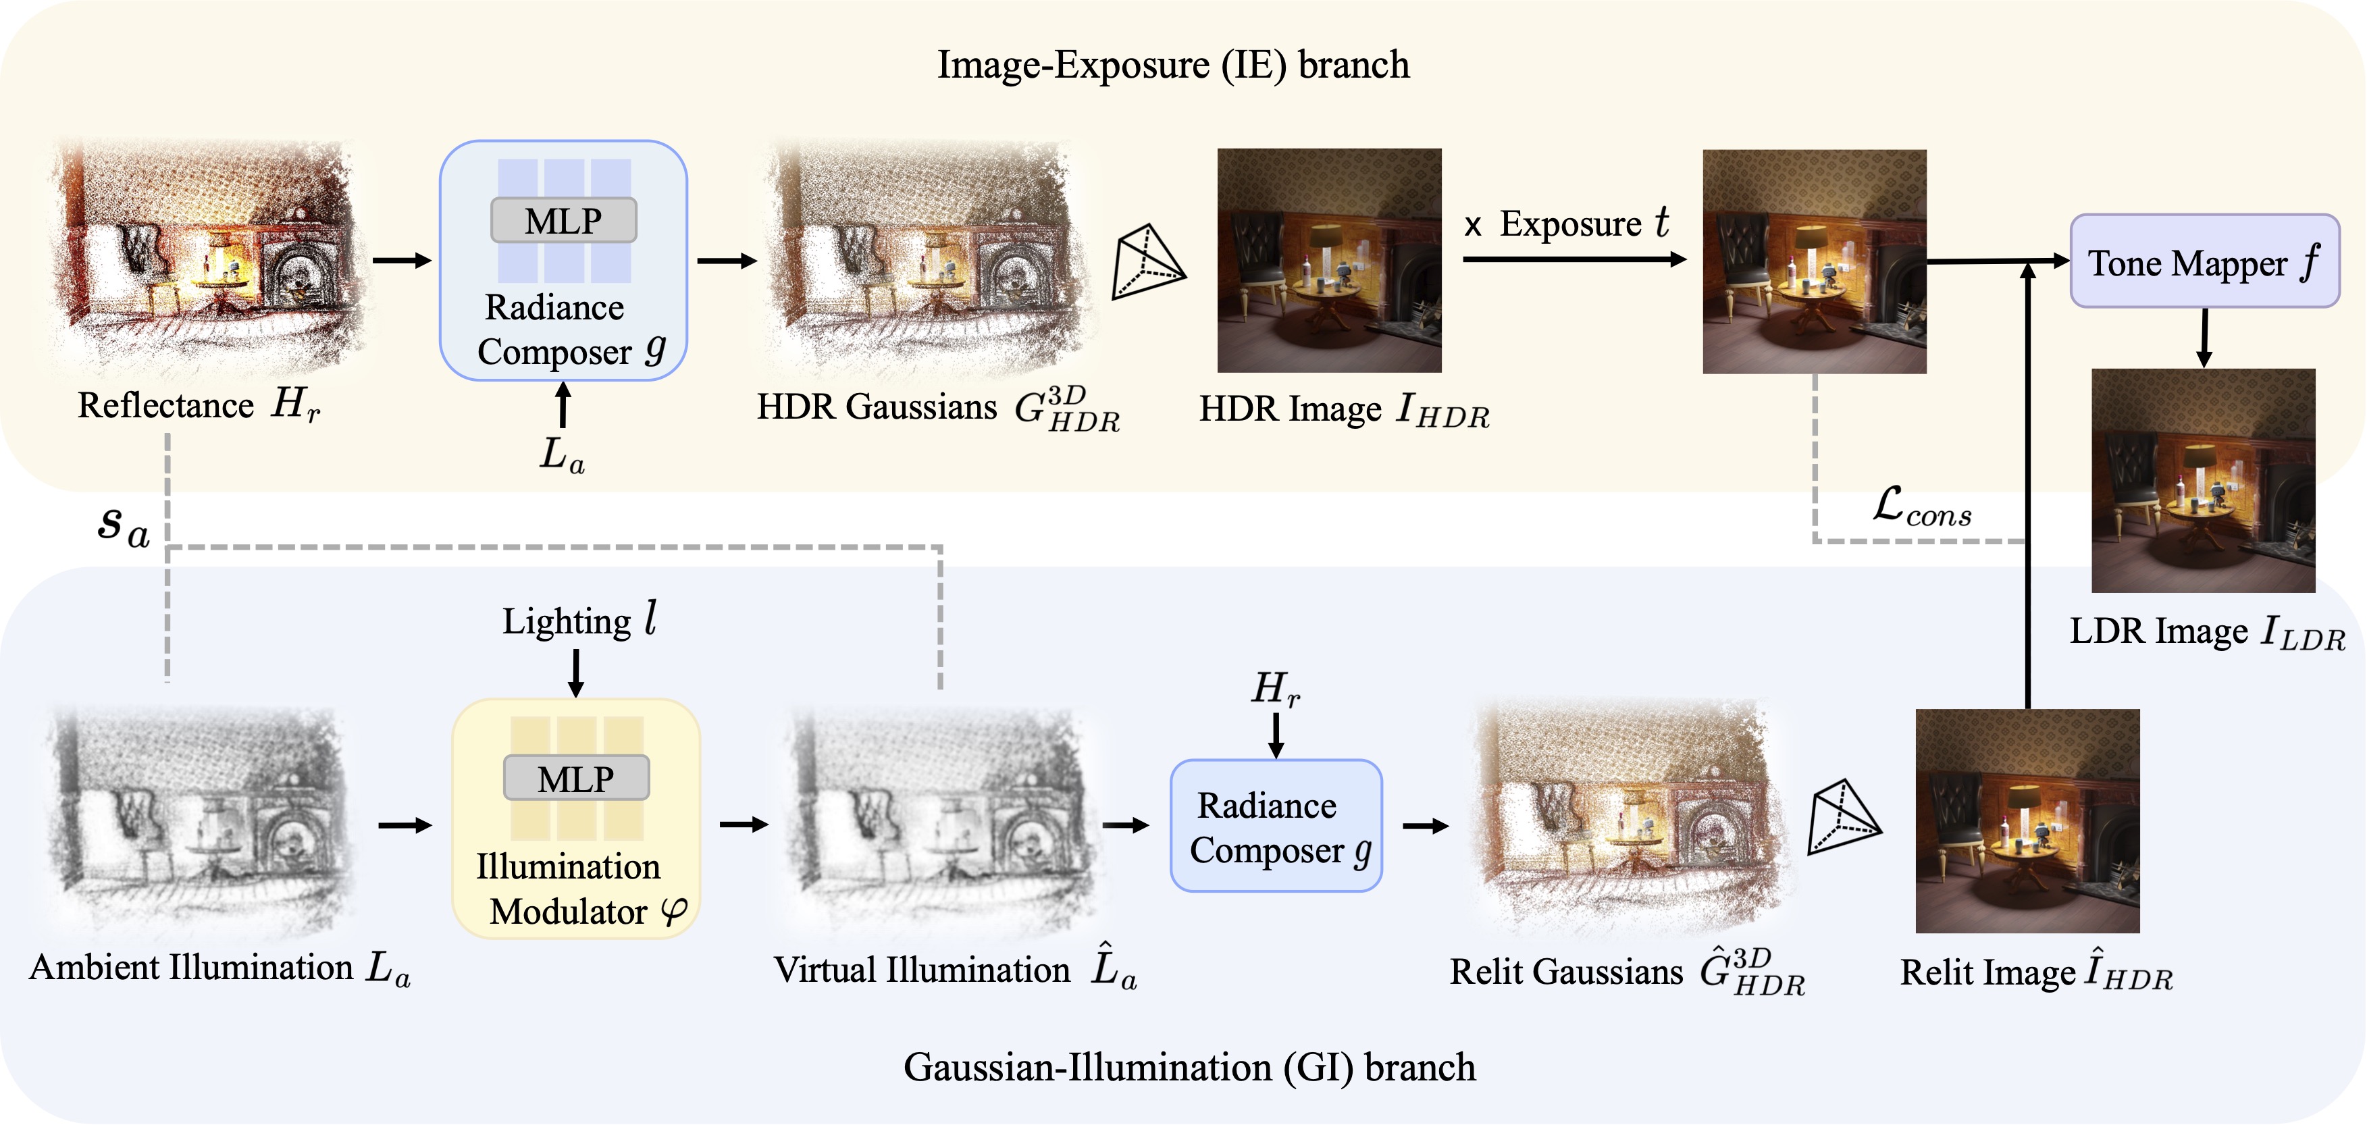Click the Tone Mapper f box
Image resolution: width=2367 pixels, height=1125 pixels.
coord(2204,261)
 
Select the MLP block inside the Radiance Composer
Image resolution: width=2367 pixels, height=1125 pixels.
coord(563,221)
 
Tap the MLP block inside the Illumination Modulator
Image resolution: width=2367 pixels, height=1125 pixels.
coord(576,779)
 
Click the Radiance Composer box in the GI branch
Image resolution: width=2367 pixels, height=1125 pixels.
coord(1276,825)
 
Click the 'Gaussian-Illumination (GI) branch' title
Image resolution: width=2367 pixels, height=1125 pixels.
coord(1189,1067)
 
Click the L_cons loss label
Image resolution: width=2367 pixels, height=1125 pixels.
coord(1921,506)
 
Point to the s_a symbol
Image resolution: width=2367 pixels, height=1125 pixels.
coord(123,526)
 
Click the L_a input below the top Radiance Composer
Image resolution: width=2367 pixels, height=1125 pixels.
coord(561,454)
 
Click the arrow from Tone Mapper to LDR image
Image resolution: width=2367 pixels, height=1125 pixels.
coord(2204,338)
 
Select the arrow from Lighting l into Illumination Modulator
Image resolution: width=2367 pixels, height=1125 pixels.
coord(576,672)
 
